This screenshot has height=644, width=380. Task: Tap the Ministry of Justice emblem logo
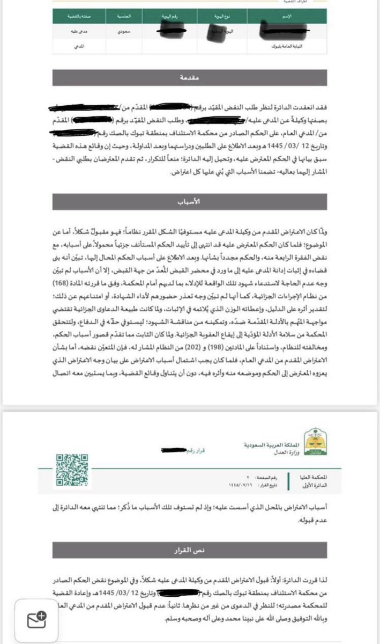coord(314,444)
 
